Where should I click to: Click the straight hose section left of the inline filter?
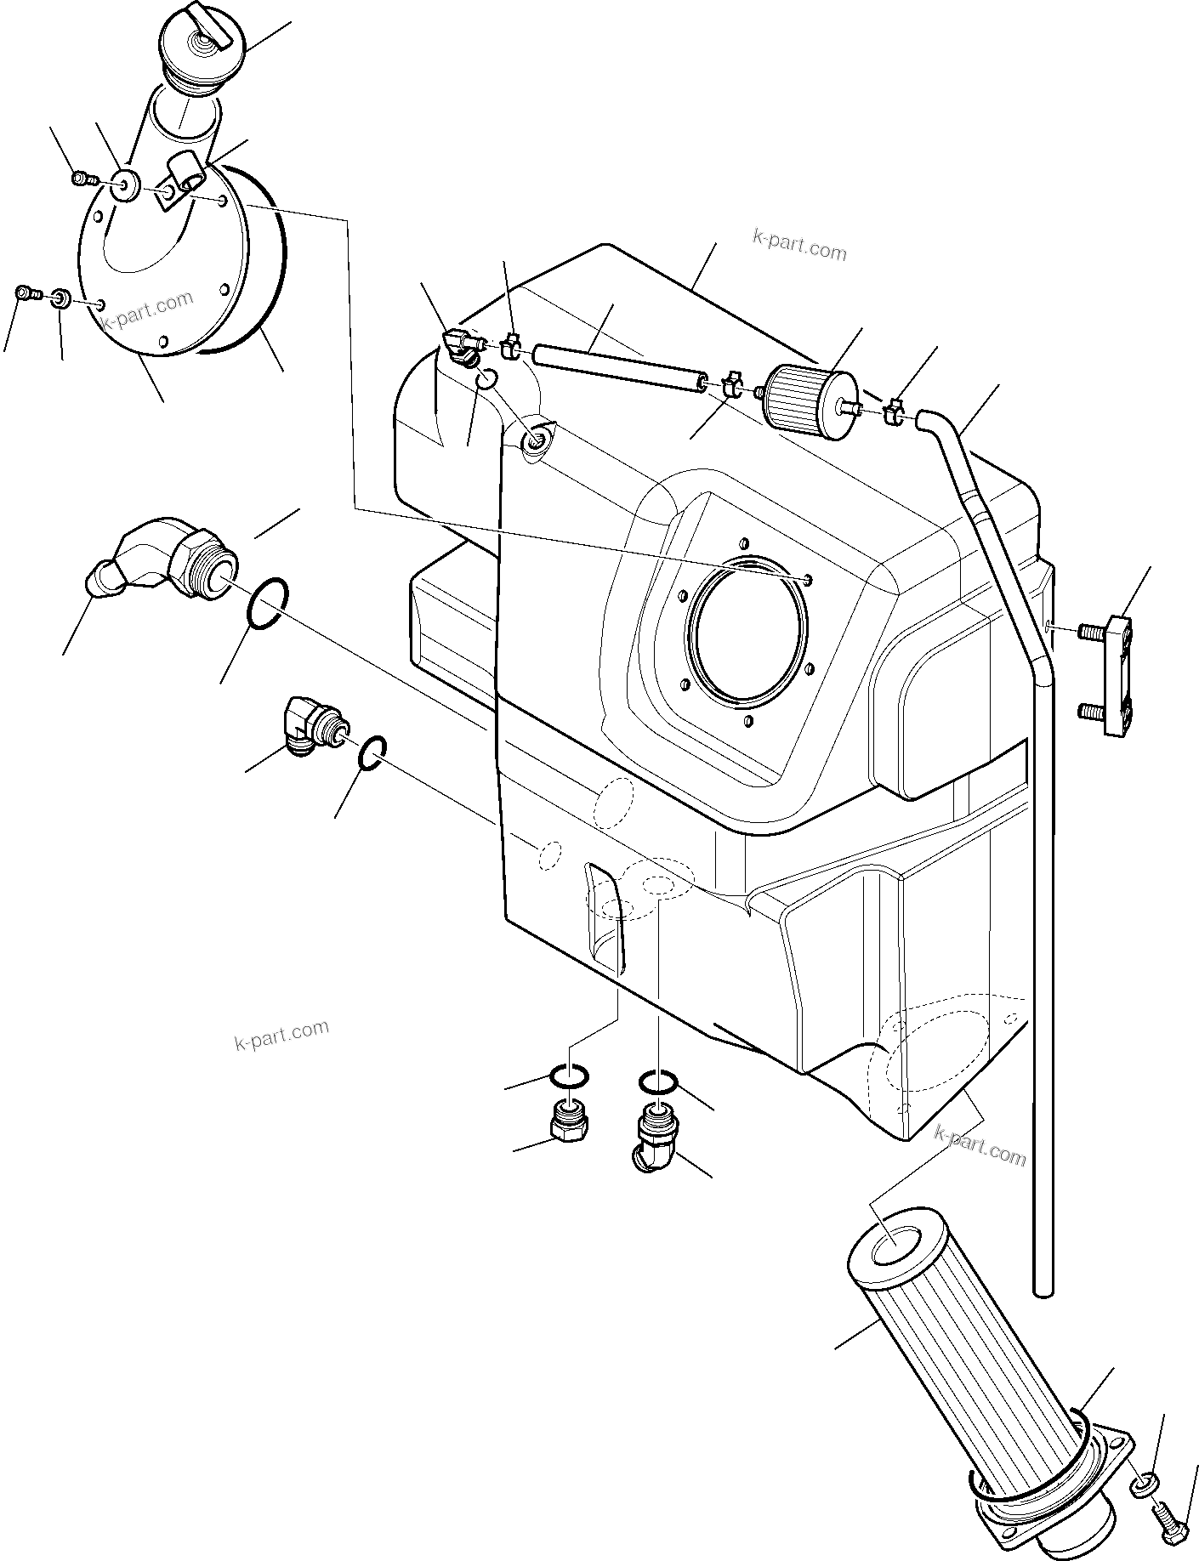pyautogui.click(x=618, y=366)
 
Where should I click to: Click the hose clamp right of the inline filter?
pyautogui.click(x=893, y=410)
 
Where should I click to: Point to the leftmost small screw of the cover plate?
pyautogui.click(x=26, y=294)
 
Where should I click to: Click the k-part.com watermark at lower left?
pyautogui.click(x=281, y=1034)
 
